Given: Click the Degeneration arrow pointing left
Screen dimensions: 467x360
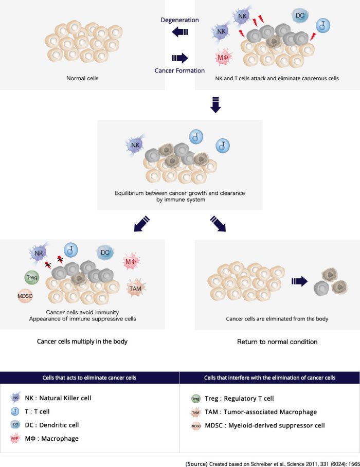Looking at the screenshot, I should pos(180,32).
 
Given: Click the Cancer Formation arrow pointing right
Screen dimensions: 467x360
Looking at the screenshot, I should pos(180,58).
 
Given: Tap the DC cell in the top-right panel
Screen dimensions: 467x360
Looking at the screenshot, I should pos(300,16).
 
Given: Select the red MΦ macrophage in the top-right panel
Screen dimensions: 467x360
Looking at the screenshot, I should pos(223,57).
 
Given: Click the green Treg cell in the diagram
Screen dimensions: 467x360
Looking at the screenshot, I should pos(31,278).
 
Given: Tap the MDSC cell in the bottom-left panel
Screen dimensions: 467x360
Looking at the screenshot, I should pos(24,297).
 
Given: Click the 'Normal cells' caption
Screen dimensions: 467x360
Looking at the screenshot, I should pos(82,79).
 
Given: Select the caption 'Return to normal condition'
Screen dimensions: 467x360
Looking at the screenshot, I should pos(277,342).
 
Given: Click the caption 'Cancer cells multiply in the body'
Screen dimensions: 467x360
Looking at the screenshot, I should pos(82,342).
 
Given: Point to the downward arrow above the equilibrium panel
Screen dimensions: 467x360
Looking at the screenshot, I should pos(216,104).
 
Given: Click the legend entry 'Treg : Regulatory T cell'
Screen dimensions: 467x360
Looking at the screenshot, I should pos(232,398).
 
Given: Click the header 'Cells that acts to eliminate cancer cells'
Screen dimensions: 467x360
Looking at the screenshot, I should pos(90,378).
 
